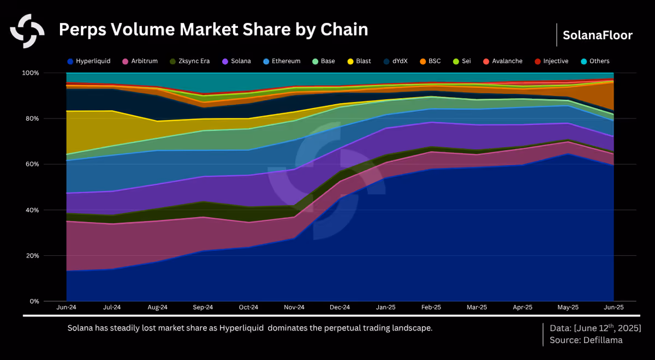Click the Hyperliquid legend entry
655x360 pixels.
point(89,61)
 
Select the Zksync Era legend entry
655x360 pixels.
point(190,61)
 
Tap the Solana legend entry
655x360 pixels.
point(236,61)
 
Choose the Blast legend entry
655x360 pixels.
point(359,61)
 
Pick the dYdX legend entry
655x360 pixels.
point(396,61)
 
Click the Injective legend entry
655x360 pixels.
point(551,61)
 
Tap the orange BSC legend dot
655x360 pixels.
point(423,61)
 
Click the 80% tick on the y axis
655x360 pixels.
point(31,118)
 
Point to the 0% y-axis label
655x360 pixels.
point(34,301)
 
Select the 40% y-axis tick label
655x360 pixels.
point(31,210)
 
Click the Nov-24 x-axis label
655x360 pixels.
point(294,308)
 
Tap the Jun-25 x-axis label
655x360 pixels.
point(614,308)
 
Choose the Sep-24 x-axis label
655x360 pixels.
point(203,308)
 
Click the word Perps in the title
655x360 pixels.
point(82,30)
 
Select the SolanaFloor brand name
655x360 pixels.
point(598,35)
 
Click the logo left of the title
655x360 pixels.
point(27,31)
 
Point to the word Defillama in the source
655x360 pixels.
point(603,340)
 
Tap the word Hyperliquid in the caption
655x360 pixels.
point(241,328)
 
